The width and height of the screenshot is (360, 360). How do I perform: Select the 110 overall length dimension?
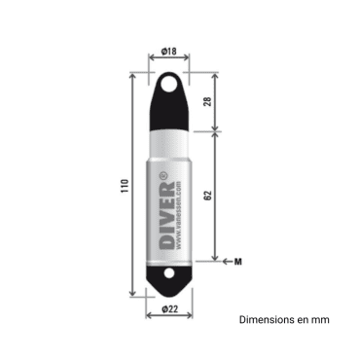(x=124, y=187)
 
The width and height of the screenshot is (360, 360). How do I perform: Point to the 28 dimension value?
(x=207, y=102)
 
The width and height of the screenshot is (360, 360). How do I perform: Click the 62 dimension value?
(x=207, y=196)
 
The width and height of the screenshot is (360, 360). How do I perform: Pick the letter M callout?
(x=238, y=261)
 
